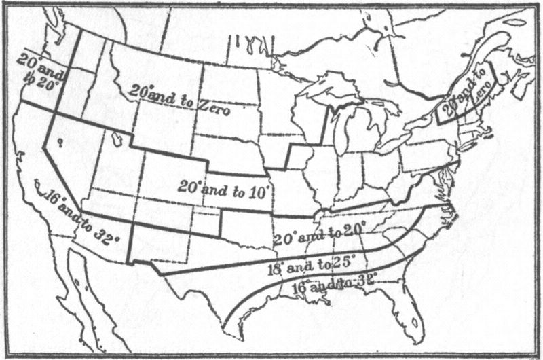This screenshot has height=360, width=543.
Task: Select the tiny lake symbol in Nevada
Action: [x=62, y=141]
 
